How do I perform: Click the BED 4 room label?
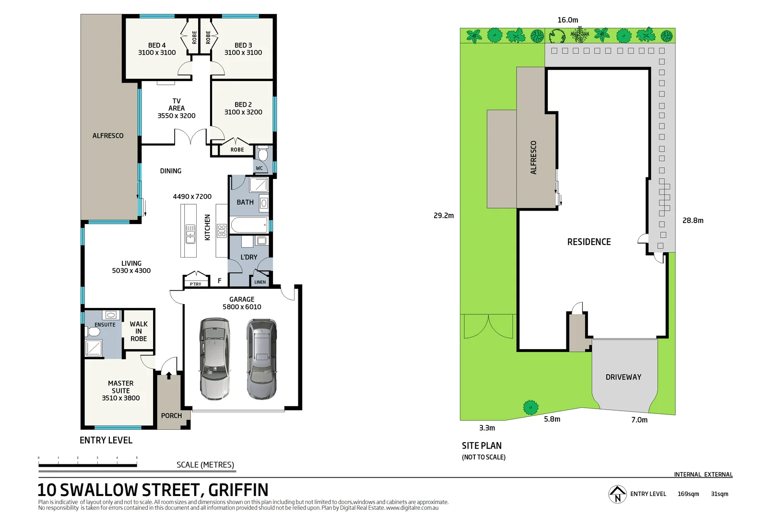click(x=157, y=46)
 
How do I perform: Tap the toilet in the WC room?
click(x=262, y=154)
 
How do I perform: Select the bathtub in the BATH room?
click(x=249, y=224)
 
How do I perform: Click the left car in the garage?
click(x=214, y=359)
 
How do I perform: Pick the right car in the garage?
click(x=261, y=359)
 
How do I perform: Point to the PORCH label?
click(x=171, y=416)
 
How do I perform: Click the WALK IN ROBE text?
click(x=139, y=331)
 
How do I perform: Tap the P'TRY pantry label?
click(x=196, y=284)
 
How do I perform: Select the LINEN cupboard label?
click(x=260, y=282)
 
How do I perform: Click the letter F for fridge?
click(x=220, y=281)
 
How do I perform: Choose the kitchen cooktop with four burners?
click(x=222, y=231)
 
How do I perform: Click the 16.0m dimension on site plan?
click(x=567, y=20)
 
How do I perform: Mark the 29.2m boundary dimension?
click(x=443, y=216)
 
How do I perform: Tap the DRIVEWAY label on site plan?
click(x=623, y=377)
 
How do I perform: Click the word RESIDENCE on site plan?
click(x=589, y=242)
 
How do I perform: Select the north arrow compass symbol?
click(x=617, y=494)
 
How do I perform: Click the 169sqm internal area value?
click(x=688, y=494)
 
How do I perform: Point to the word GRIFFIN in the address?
click(x=238, y=490)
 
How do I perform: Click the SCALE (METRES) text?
click(x=205, y=465)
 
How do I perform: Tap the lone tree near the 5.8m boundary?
click(x=530, y=407)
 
